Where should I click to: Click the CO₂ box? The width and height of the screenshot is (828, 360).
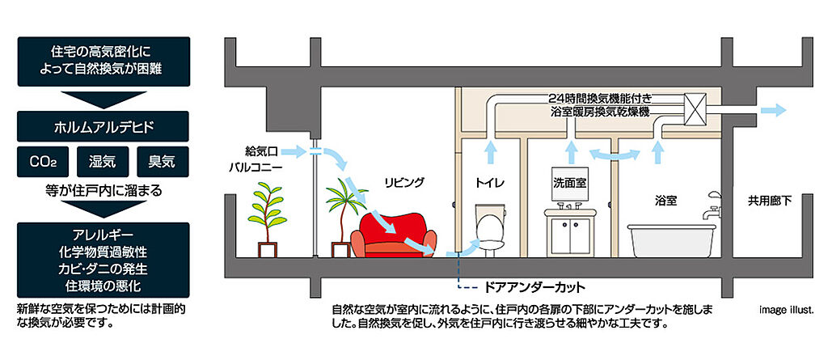pyautogui.click(x=42, y=163)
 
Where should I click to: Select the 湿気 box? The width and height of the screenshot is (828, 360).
pyautogui.click(x=103, y=163)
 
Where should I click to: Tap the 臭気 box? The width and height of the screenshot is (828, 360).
pyautogui.click(x=163, y=163)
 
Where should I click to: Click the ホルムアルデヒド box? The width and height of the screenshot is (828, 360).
pyautogui.click(x=103, y=127)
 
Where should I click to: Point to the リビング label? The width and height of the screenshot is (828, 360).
pyautogui.click(x=404, y=182)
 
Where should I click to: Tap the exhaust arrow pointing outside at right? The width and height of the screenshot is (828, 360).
pyautogui.click(x=777, y=109)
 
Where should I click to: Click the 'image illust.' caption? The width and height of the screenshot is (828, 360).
pyautogui.click(x=789, y=309)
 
